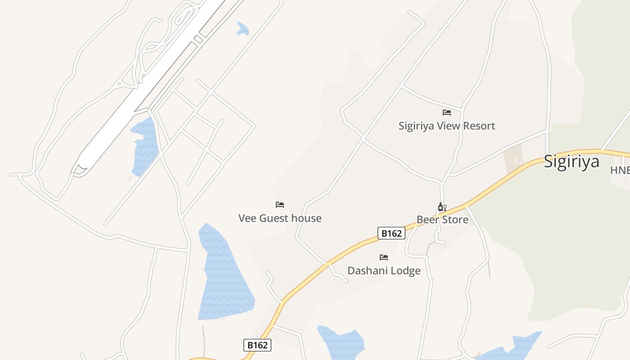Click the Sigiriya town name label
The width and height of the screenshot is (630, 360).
[571, 161]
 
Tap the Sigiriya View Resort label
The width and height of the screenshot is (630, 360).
[446, 126]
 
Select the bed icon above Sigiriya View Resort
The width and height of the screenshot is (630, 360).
[446, 112]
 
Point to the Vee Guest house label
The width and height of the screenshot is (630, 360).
[280, 218]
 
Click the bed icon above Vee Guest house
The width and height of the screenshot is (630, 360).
[280, 205]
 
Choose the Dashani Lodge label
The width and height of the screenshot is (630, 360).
[384, 271]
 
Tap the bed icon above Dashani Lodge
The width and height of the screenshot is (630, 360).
[384, 257]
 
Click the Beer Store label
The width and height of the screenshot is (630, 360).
[442, 220]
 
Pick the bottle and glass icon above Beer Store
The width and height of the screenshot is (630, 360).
[442, 207]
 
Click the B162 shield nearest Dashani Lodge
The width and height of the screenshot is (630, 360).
[391, 233]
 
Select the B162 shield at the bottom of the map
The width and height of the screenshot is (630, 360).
[257, 345]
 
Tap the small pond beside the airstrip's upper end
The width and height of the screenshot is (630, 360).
[243, 29]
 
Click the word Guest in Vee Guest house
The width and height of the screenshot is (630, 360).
[274, 218]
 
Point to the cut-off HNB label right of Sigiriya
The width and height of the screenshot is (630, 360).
[620, 170]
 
